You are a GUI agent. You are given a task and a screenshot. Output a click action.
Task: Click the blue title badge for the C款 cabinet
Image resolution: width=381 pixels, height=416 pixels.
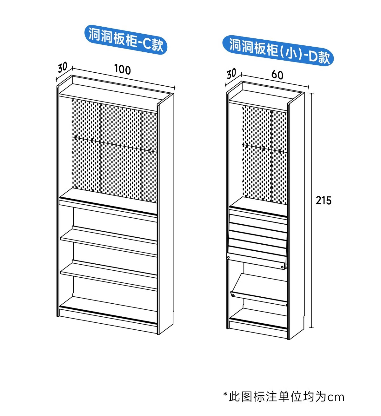pos(126,39)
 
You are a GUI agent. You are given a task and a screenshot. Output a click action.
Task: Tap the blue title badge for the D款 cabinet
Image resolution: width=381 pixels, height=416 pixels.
pos(278,50)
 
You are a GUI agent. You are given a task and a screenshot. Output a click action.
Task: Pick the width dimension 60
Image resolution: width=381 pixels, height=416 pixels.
pos(277,75)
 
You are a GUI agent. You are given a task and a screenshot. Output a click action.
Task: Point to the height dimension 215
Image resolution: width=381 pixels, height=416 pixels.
pos(324,201)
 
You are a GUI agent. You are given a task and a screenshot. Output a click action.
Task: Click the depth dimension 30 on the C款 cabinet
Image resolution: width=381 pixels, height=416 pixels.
pos(63,67)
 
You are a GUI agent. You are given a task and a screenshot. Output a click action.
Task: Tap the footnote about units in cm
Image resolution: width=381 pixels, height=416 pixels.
pos(284,397)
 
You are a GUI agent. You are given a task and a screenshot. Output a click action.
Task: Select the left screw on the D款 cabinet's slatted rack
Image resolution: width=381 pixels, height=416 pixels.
pos(229,257)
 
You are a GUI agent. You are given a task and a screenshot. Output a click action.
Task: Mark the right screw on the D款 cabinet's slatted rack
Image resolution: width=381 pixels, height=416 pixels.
pos(282,267)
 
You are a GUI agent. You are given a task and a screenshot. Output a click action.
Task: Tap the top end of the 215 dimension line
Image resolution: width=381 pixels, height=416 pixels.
pos(311,94)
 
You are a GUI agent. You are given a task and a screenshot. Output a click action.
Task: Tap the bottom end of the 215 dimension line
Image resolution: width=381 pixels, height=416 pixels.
pos(311,327)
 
